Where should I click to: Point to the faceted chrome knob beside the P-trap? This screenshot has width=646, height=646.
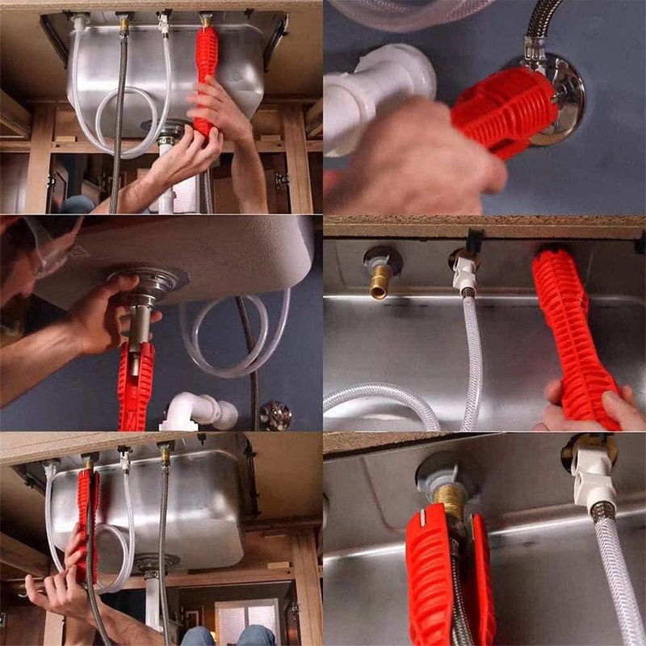(275, 415)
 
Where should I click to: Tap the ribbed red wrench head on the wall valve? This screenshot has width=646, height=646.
(501, 109)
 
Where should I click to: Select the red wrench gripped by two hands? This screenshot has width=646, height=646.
(205, 73)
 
